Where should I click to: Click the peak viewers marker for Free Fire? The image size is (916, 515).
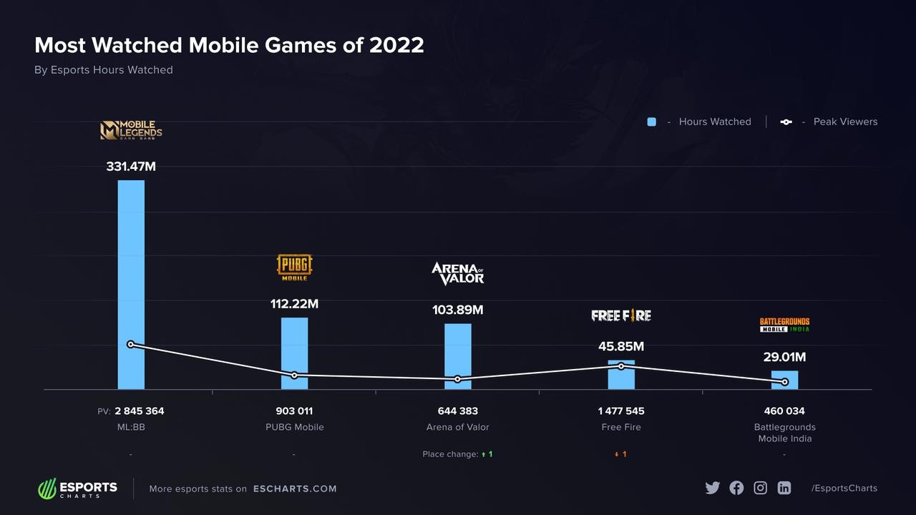[x=621, y=366]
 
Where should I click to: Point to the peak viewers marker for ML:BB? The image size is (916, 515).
[x=130, y=344]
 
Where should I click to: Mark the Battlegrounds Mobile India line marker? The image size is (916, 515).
[x=785, y=382]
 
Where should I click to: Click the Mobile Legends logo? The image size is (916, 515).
[x=131, y=130]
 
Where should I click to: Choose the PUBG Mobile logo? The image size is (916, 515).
[x=294, y=267]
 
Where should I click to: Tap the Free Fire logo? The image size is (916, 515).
[x=621, y=315]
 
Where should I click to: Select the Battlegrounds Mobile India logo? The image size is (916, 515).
[x=784, y=325]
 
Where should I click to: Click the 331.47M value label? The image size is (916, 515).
[x=131, y=167]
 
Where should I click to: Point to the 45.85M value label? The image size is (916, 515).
[x=621, y=347]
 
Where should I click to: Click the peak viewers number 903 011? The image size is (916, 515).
[x=294, y=411]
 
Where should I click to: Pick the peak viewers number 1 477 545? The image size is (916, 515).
[x=621, y=411]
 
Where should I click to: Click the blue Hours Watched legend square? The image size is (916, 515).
[x=651, y=122]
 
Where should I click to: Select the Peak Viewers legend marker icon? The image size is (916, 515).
[x=786, y=122]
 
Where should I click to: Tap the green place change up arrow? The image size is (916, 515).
[x=484, y=454]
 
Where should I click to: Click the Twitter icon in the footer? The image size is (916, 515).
[x=712, y=488]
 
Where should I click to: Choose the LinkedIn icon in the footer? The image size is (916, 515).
[x=784, y=488]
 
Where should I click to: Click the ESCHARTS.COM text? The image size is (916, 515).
[x=295, y=489]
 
